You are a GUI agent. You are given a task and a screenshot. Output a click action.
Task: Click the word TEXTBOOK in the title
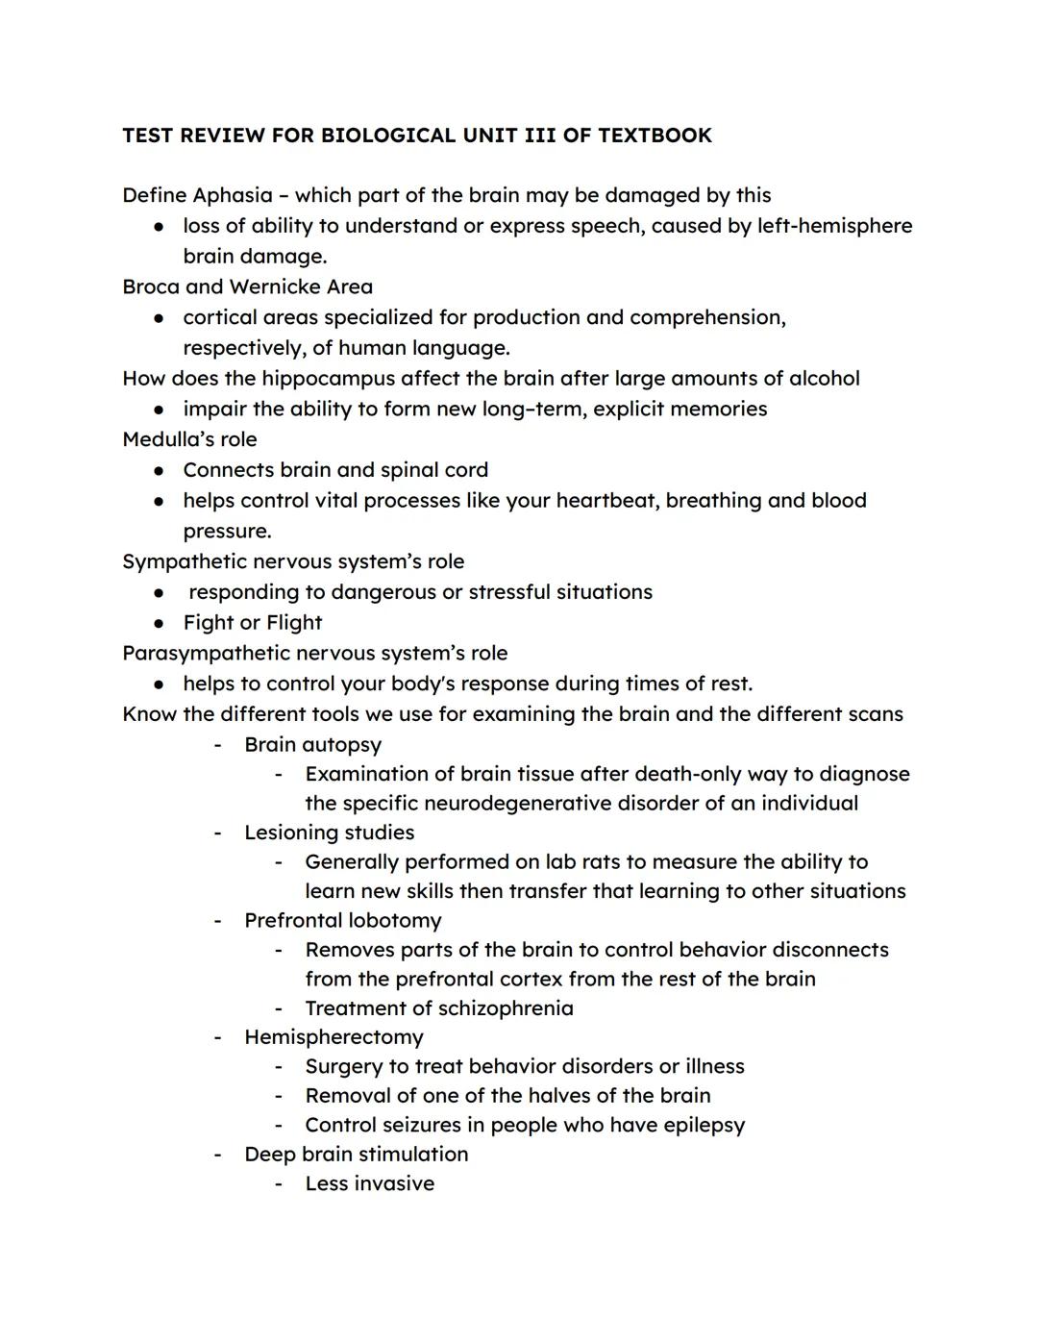(655, 136)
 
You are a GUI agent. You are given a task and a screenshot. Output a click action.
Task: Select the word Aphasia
(233, 195)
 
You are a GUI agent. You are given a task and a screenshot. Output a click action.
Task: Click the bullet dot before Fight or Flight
(160, 623)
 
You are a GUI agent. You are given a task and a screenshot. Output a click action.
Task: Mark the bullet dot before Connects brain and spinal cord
(160, 470)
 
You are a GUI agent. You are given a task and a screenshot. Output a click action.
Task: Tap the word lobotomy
(395, 920)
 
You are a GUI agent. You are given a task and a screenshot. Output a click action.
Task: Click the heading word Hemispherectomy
(334, 1036)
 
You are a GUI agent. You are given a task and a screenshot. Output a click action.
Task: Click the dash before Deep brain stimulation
(218, 1154)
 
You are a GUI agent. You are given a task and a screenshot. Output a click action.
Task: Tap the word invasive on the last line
(396, 1183)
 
